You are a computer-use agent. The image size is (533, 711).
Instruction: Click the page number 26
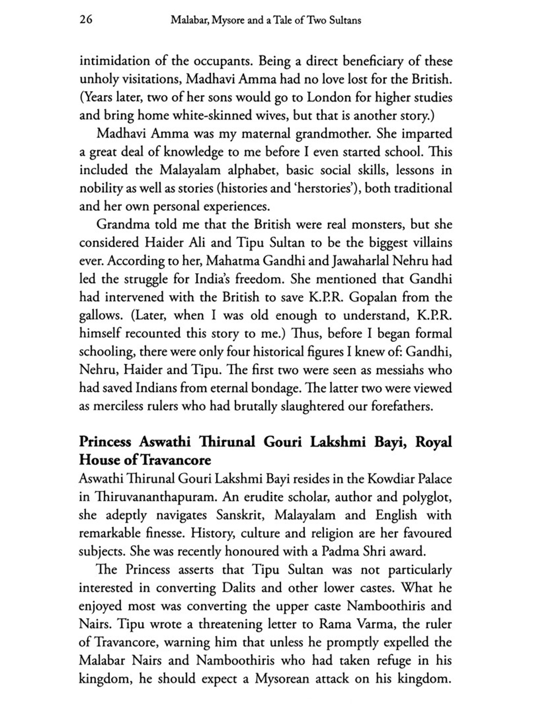pyautogui.click(x=86, y=20)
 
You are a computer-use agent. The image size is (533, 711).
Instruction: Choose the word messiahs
pyautogui.click(x=399, y=370)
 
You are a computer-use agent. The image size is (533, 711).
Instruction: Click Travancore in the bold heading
pyautogui.click(x=176, y=460)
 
